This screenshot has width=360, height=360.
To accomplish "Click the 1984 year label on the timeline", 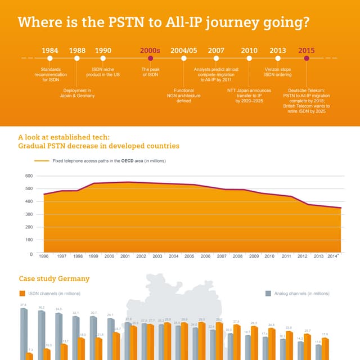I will [x=50, y=50].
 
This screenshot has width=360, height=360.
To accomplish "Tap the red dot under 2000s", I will [x=150, y=58].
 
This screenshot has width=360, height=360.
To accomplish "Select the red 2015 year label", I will [x=306, y=50].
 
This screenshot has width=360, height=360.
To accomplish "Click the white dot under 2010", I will [x=249, y=58].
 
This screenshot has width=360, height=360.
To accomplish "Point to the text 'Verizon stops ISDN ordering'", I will [x=277, y=71].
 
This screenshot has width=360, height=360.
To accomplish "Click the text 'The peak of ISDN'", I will [x=150, y=71].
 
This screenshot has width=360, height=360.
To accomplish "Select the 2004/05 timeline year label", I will [x=183, y=50].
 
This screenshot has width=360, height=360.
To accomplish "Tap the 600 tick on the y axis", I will [x=29, y=176].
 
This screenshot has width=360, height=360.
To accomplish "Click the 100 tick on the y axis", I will [x=29, y=240].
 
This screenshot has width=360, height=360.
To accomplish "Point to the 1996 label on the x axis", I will [x=43, y=256].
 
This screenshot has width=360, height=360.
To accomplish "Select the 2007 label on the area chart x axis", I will [x=222, y=256].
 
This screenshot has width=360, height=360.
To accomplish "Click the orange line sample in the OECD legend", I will [x=42, y=161].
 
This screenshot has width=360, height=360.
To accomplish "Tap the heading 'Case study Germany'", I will [x=54, y=278].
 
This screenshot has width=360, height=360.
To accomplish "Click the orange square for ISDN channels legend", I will [x=22, y=293].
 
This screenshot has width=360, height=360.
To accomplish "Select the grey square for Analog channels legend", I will [x=268, y=293].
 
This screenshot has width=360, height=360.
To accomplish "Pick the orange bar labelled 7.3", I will [x=30, y=356].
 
